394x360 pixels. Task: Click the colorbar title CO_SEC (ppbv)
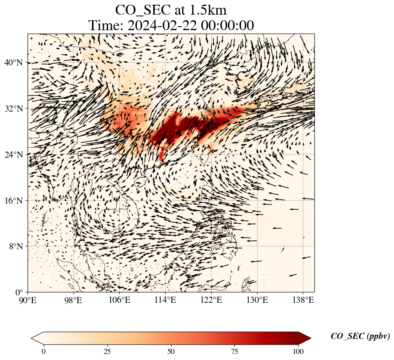(360, 337)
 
